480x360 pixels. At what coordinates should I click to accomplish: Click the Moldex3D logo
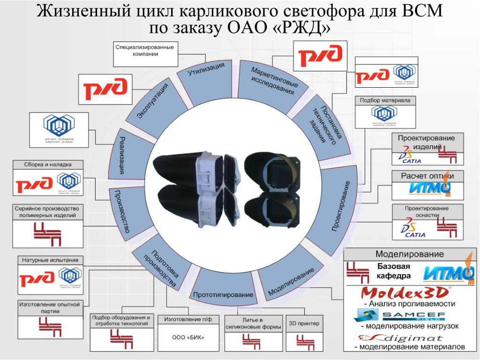405,293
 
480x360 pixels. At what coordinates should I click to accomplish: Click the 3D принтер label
304,323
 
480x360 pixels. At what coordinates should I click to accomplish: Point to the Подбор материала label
385,100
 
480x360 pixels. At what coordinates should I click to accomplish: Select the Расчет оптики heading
427,176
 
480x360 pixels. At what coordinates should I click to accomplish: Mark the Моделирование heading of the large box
409,254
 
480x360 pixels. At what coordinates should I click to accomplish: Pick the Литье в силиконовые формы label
253,323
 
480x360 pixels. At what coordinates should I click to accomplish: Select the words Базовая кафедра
394,271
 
